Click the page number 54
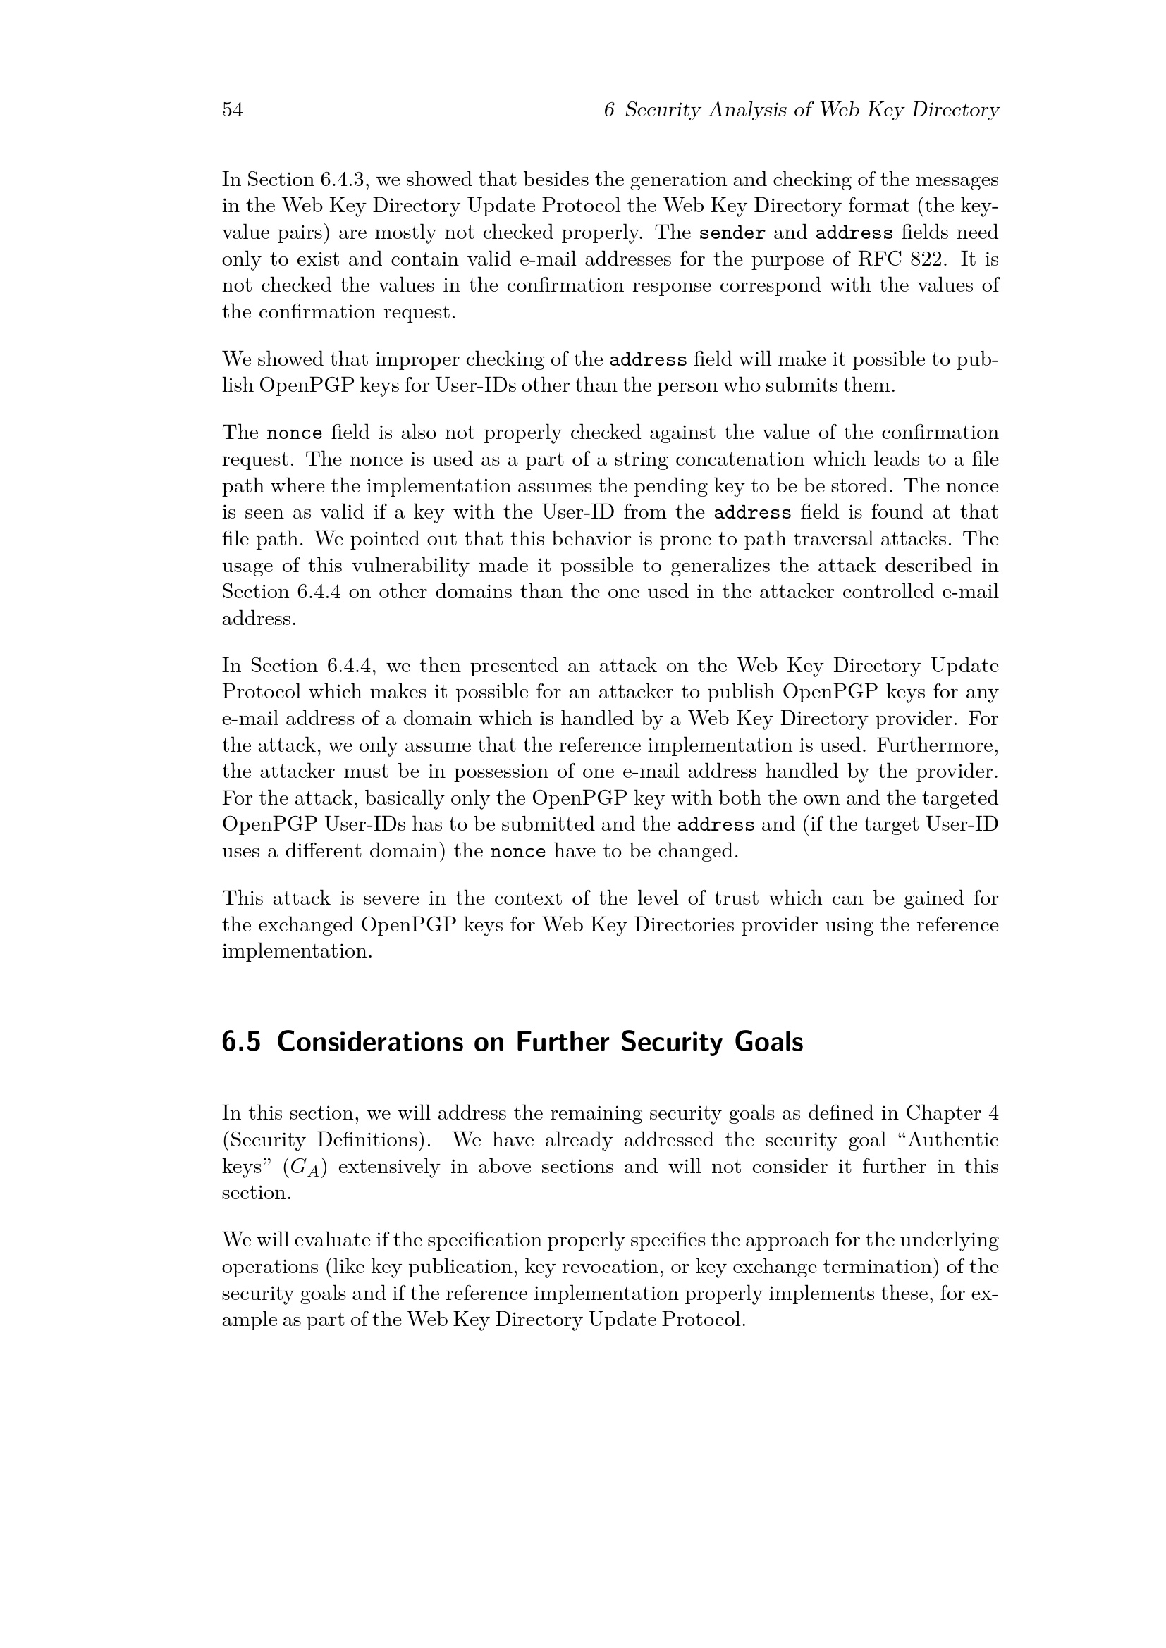233,110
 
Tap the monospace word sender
732,233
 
